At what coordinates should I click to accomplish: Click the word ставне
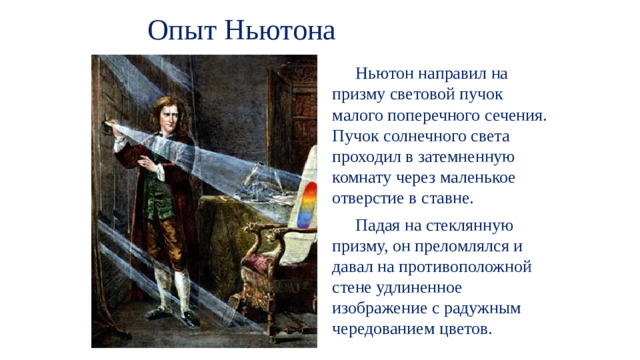(420, 199)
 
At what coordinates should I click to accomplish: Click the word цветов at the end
(459, 330)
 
